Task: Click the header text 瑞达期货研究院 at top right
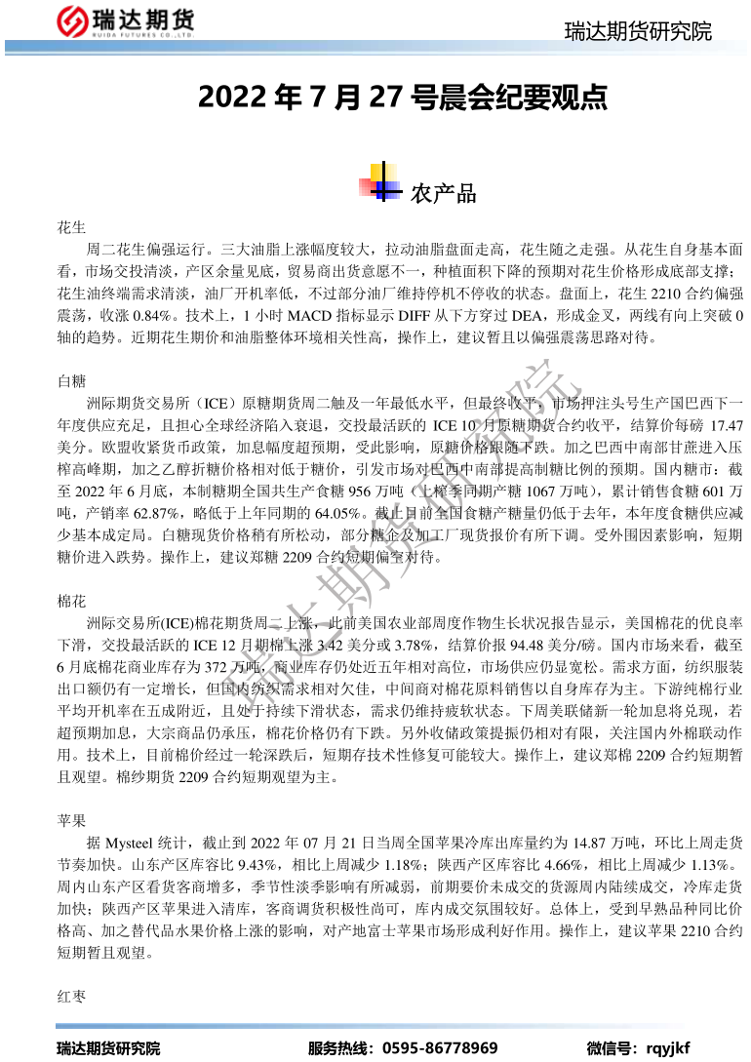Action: coord(638,31)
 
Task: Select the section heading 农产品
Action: coord(444,193)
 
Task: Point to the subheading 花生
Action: coord(72,227)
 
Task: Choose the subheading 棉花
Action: coord(72,602)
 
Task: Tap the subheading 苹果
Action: coord(72,820)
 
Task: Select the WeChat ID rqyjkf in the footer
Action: coord(668,1048)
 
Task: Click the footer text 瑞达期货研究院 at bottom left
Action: coord(107,1048)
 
